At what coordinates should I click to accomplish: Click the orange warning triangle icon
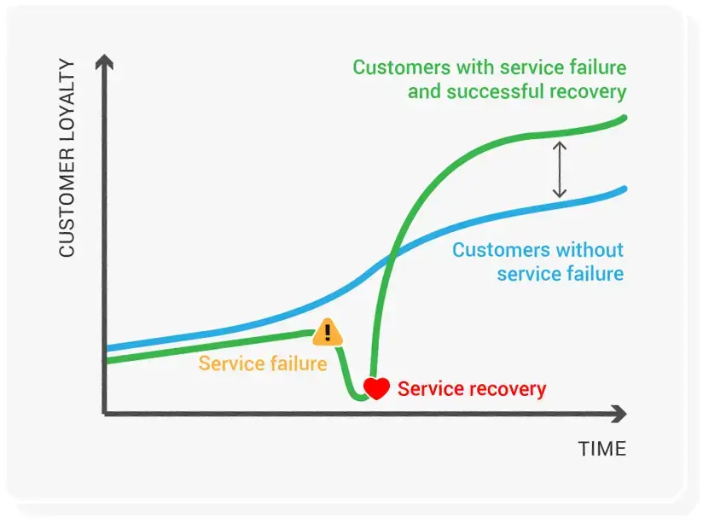point(327,333)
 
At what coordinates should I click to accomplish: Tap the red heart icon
point(376,388)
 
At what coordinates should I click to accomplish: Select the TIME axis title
point(601,449)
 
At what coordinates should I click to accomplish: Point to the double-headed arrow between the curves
point(560,170)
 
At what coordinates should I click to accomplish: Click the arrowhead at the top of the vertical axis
point(104,61)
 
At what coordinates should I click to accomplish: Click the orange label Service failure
point(263,363)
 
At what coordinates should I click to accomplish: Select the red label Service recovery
point(472,389)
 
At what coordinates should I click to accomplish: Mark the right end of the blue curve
point(625,189)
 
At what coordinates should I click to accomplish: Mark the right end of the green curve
point(625,118)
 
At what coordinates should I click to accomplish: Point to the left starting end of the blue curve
point(108,348)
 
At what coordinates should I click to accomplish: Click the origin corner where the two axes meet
point(105,414)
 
